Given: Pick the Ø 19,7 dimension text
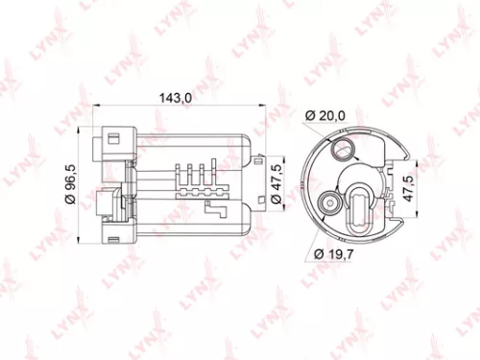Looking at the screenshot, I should click(x=333, y=253).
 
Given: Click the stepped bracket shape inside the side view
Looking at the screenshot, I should click(x=216, y=208).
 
